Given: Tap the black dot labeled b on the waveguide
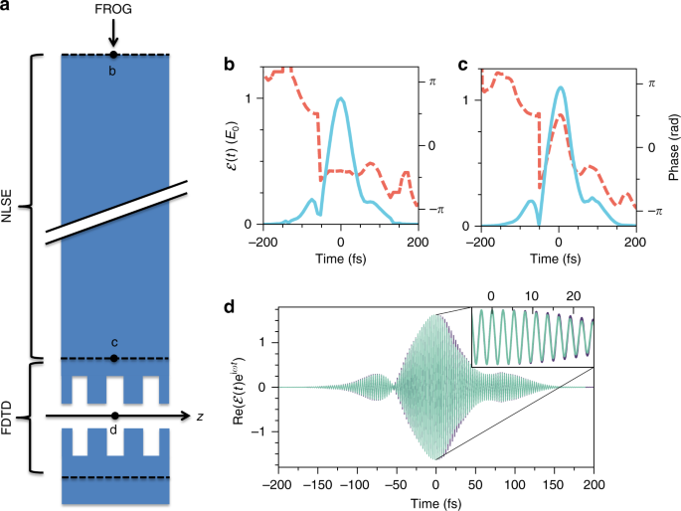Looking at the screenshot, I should (x=114, y=55).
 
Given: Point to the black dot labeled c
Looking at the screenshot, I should (x=114, y=358).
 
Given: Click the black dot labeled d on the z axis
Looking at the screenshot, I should (x=114, y=416).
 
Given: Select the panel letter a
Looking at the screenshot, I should (x=7, y=8).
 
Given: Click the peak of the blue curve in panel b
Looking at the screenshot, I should (x=341, y=98).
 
